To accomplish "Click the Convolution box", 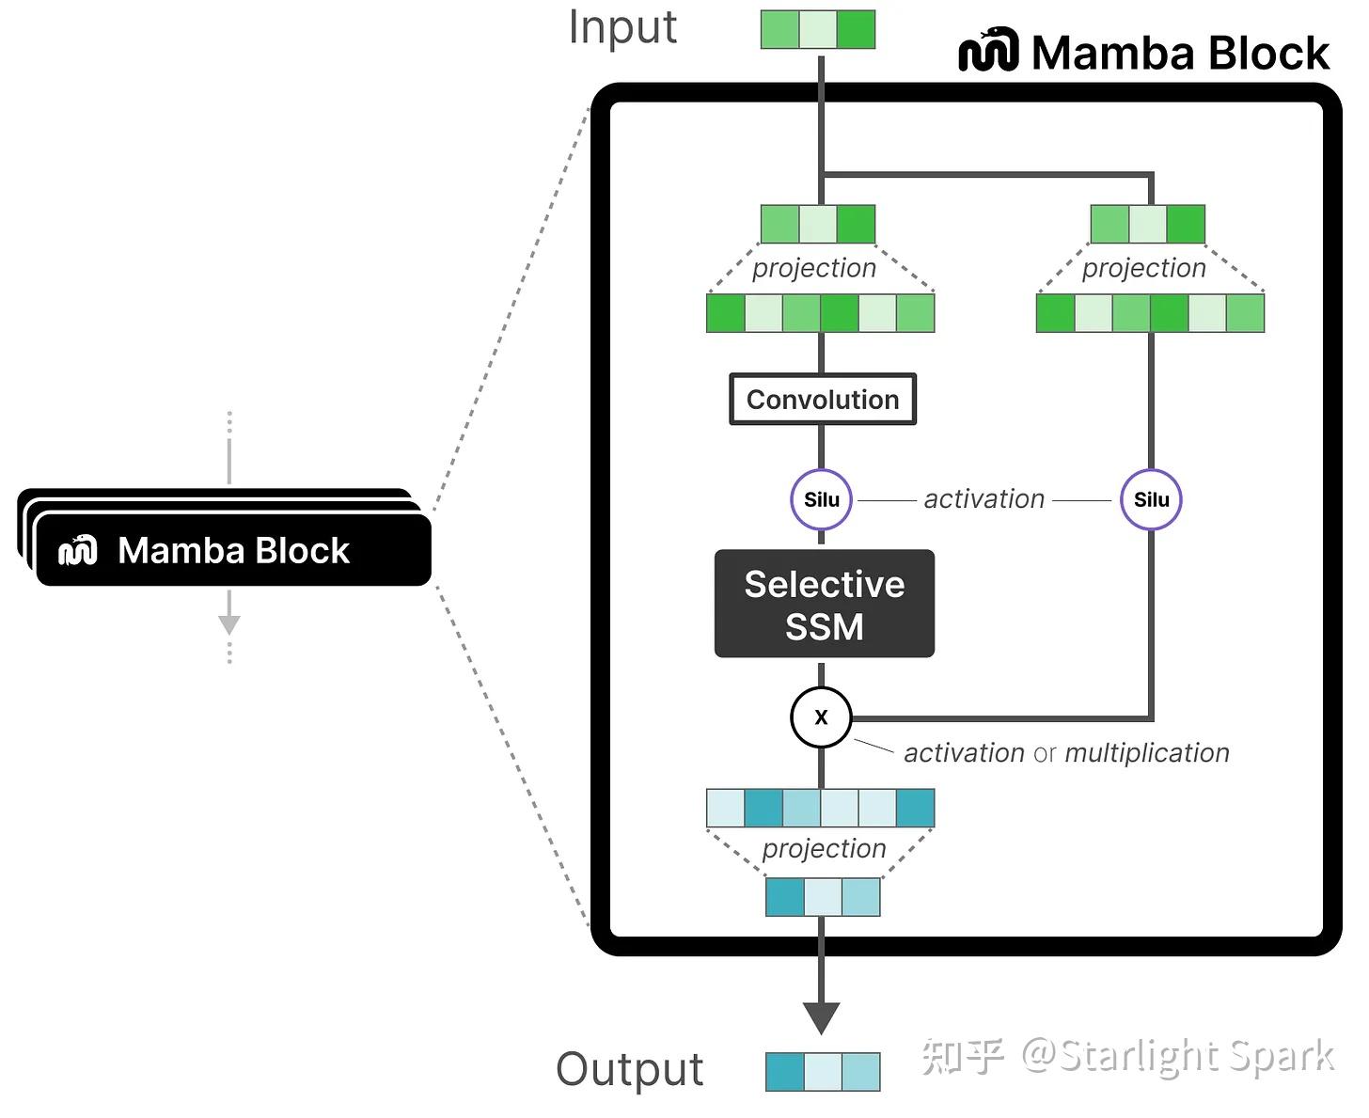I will click(x=823, y=400).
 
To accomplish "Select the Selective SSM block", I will click(x=824, y=604).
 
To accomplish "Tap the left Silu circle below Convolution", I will click(x=821, y=499).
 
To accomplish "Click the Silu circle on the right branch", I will click(x=1151, y=499).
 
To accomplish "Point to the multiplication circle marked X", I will click(x=821, y=717).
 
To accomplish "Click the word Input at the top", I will click(x=622, y=27).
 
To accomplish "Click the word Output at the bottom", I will click(x=629, y=1069).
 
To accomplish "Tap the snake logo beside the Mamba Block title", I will click(x=988, y=51).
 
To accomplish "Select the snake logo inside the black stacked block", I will click(x=78, y=550).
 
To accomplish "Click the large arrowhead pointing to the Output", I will click(x=821, y=1017).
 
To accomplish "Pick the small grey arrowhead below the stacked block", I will click(x=229, y=624).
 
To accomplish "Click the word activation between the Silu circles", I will click(x=983, y=499).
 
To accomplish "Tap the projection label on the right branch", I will click(x=1143, y=268).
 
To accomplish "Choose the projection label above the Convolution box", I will click(x=814, y=268).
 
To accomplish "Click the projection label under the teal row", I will click(x=824, y=848).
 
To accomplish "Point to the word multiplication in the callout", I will click(x=1147, y=753).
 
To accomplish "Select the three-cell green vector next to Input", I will click(x=818, y=30).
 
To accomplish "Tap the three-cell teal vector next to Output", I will click(x=823, y=1072).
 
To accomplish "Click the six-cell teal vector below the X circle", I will click(x=820, y=808).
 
